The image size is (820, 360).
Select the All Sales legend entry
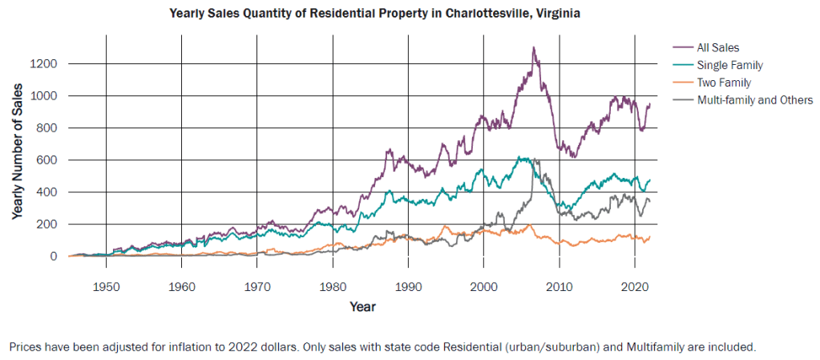point(717,47)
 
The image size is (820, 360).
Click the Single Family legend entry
point(729,65)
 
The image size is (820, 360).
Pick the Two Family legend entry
point(724,83)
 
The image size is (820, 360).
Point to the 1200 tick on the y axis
point(43,63)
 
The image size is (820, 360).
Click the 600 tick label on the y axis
point(46,160)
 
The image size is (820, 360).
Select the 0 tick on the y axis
point(55,257)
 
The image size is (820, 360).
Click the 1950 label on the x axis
point(107,286)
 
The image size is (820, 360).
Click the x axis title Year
point(362,306)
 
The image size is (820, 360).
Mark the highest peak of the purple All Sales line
point(533,47)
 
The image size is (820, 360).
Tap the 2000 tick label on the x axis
point(483,286)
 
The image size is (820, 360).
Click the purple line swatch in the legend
point(683,47)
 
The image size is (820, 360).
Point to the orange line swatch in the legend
point(683,83)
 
